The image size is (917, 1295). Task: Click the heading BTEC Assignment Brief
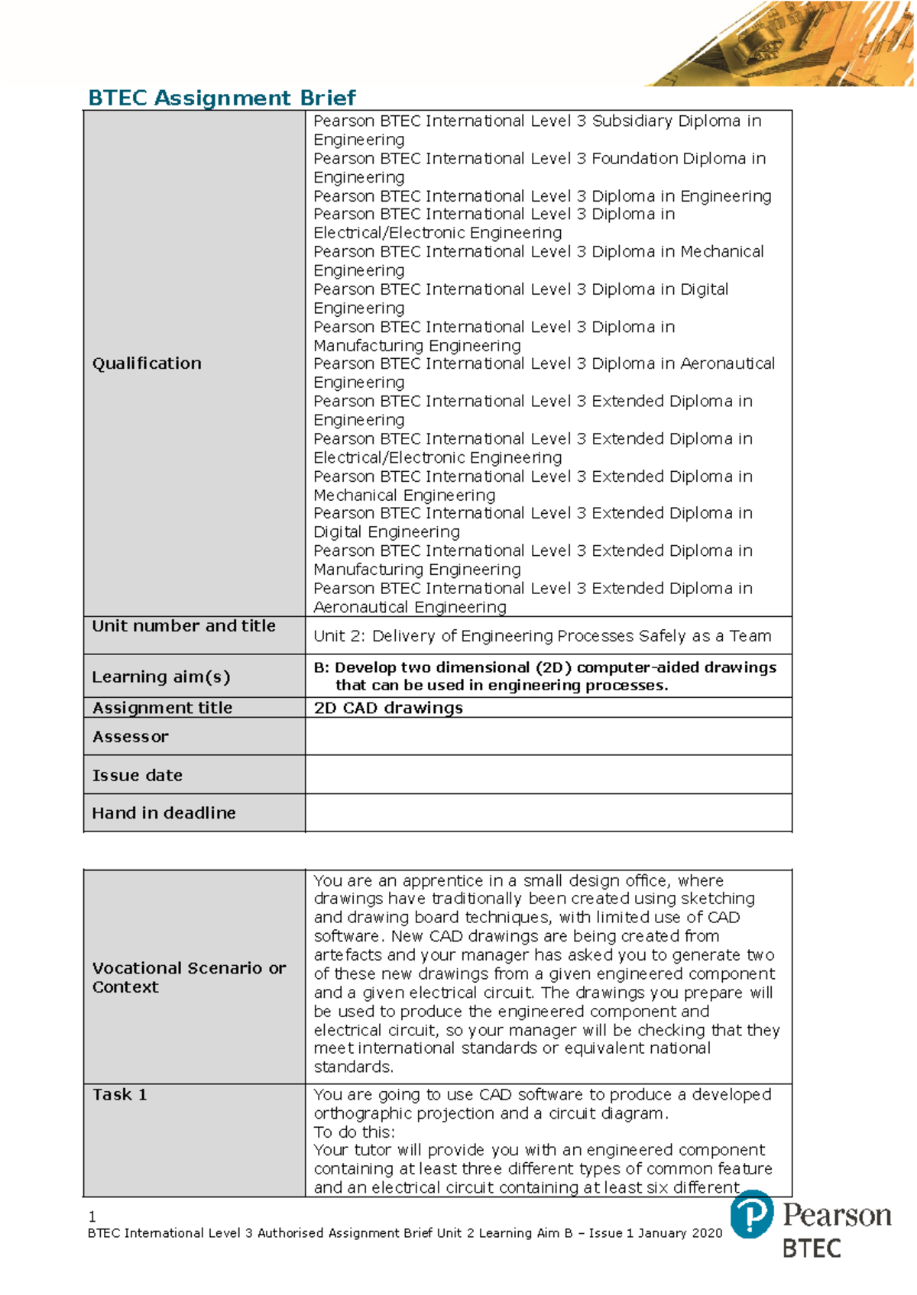pyautogui.click(x=222, y=98)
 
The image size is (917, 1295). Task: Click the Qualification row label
pyautogui.click(x=147, y=363)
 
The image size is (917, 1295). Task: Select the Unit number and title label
pyautogui.click(x=183, y=626)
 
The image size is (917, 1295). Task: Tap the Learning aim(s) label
pyautogui.click(x=160, y=677)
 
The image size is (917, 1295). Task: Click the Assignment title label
pyautogui.click(x=162, y=708)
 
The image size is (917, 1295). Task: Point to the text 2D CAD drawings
pyautogui.click(x=388, y=708)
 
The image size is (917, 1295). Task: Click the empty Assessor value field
pyautogui.click(x=548, y=737)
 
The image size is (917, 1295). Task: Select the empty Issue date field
pyautogui.click(x=548, y=775)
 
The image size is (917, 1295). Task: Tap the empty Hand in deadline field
pyautogui.click(x=548, y=812)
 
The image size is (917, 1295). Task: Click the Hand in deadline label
pyautogui.click(x=164, y=813)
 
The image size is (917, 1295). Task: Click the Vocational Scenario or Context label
pyautogui.click(x=189, y=977)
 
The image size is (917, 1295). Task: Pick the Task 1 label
pyautogui.click(x=119, y=1095)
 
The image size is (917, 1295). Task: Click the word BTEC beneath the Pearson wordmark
pyautogui.click(x=812, y=1249)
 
